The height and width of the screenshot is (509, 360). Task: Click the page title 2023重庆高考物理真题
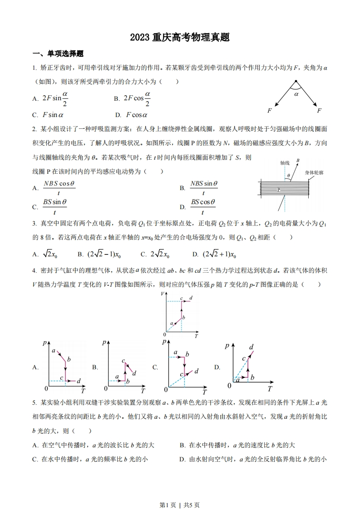click(180, 38)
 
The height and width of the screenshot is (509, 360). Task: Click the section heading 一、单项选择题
click(58, 54)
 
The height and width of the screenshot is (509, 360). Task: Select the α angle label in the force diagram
click(296, 95)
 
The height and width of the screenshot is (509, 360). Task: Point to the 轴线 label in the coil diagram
click(285, 162)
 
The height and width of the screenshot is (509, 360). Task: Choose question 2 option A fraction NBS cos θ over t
click(59, 188)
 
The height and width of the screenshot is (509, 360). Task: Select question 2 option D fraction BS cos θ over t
click(202, 206)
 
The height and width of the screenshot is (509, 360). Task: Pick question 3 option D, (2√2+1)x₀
click(220, 254)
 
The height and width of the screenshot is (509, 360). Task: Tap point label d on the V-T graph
click(191, 298)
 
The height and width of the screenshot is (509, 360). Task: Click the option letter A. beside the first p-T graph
click(35, 368)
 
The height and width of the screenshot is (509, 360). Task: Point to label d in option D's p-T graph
click(251, 347)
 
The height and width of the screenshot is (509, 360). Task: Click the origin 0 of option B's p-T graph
click(106, 388)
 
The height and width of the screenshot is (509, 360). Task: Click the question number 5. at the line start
click(35, 402)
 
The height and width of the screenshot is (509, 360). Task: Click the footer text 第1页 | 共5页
click(180, 492)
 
